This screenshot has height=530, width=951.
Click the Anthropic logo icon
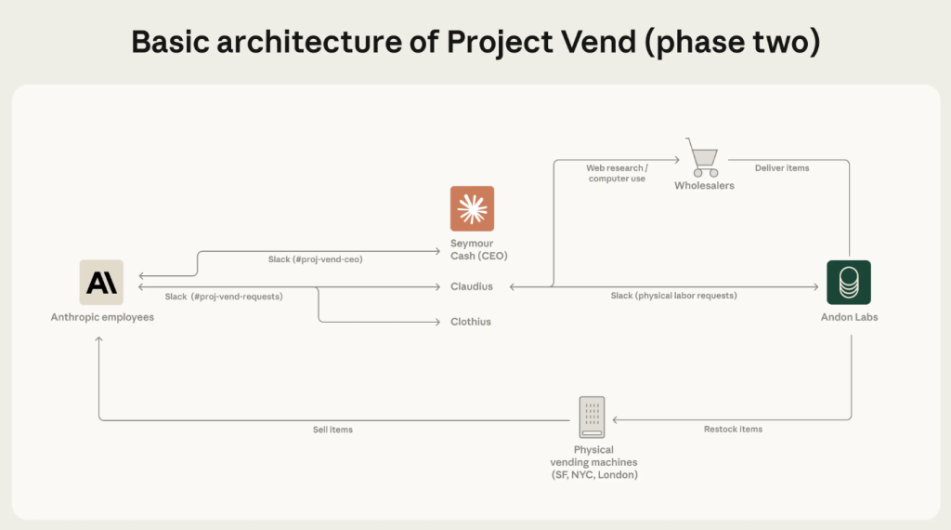[x=101, y=282]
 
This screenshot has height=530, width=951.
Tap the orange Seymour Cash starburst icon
[x=472, y=208]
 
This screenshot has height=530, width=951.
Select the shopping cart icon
[x=702, y=157]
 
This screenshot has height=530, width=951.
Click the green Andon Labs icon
[x=849, y=282]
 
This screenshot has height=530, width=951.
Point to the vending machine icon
[x=591, y=417]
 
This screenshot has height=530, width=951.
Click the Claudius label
[x=471, y=287]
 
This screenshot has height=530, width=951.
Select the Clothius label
[x=471, y=322]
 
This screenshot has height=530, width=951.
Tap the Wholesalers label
[x=704, y=186]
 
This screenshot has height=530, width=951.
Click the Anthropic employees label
[x=102, y=317]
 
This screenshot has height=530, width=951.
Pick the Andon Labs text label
[x=849, y=317]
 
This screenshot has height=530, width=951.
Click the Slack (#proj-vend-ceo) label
[x=315, y=259]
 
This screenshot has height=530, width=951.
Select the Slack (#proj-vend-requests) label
[x=224, y=297]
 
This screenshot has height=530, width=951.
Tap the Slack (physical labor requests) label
[x=673, y=296]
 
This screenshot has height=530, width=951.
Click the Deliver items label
[x=781, y=168]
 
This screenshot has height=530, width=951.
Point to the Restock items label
[x=732, y=430]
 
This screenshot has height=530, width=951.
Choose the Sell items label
[x=332, y=430]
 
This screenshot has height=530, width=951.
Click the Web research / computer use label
[x=617, y=174]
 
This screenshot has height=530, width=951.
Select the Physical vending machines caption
[x=593, y=462]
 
